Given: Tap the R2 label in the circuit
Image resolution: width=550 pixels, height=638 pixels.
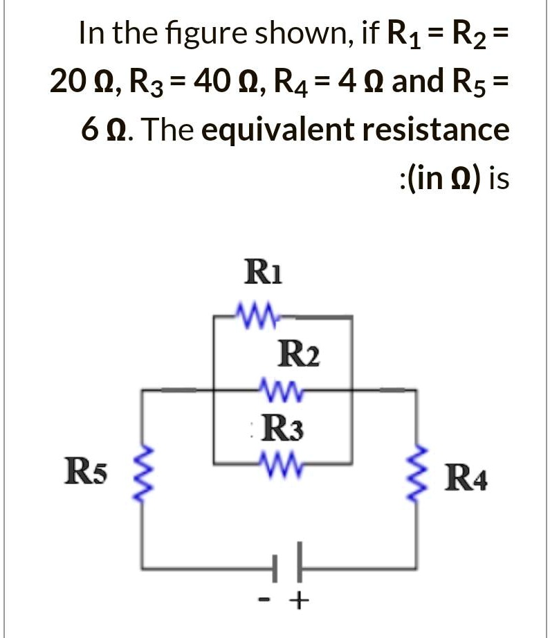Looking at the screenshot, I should (298, 357).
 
